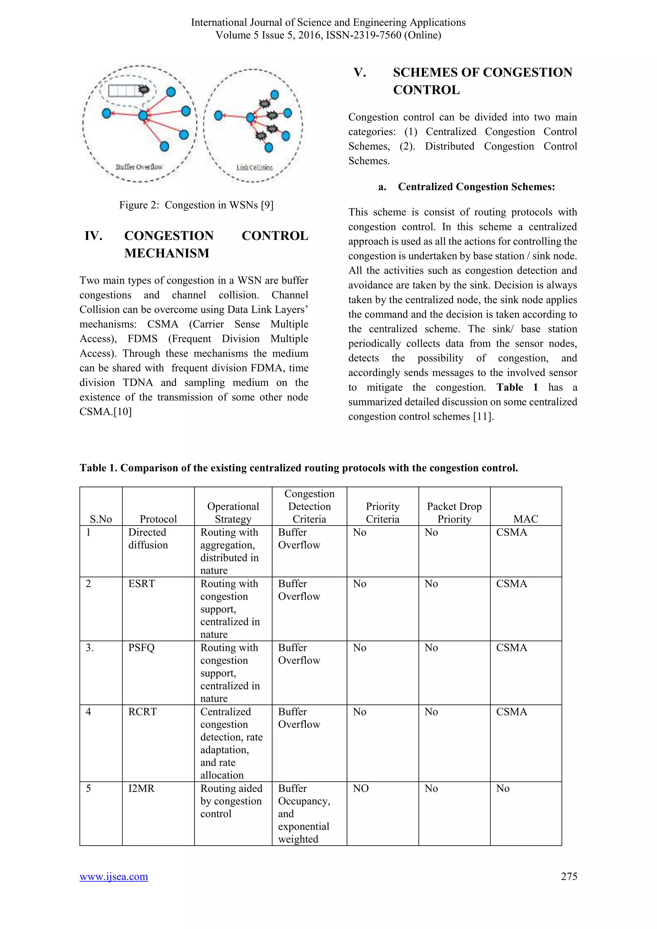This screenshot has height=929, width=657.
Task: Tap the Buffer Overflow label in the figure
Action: tap(139, 167)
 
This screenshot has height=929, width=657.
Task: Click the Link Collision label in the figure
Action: tap(254, 167)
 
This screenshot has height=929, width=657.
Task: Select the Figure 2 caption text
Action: tap(196, 205)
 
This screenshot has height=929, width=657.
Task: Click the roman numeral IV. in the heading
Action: tap(93, 235)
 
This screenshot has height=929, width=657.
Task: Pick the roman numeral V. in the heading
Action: tap(360, 72)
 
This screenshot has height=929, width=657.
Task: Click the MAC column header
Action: tap(525, 519)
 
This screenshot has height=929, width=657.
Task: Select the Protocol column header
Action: tap(158, 519)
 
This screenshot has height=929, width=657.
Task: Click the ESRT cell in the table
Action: tap(141, 584)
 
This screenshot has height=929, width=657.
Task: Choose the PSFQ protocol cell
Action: tap(141, 647)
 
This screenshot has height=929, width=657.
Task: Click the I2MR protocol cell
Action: tap(141, 788)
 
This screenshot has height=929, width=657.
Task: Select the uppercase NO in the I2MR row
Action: tap(361, 788)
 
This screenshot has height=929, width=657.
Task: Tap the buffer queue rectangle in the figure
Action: tap(123, 90)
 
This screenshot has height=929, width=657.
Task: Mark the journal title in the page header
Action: tap(328, 22)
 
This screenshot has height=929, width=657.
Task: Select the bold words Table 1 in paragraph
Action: tap(517, 387)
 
